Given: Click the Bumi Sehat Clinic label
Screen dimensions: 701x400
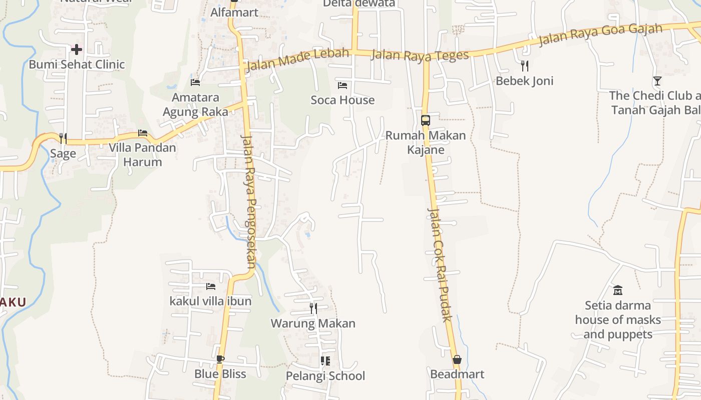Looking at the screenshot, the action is click(77, 64).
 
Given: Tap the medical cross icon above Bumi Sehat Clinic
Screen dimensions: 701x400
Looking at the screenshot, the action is click(76, 49).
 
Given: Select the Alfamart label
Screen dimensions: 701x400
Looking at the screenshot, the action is click(234, 12).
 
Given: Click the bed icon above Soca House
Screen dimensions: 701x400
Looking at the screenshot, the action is click(342, 85).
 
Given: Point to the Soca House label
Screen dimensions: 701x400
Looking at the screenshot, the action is click(342, 100).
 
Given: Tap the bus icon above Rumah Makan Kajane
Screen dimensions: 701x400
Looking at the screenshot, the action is click(426, 120).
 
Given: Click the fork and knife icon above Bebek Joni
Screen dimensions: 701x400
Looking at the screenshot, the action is click(524, 65).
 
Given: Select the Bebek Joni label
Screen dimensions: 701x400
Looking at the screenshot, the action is click(524, 80).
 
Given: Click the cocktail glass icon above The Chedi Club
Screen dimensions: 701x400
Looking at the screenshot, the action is click(657, 80).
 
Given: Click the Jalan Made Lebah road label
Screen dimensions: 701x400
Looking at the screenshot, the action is click(297, 59).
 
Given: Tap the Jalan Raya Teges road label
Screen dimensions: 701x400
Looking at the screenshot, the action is click(420, 55).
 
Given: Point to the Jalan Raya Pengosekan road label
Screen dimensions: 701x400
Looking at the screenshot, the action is click(249, 200).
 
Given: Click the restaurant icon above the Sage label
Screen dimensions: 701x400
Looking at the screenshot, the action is click(63, 138).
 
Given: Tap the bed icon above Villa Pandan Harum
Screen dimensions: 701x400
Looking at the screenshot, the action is click(143, 133).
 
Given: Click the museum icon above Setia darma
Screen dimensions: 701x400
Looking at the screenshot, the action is click(618, 290).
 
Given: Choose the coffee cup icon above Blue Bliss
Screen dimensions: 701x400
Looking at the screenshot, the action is click(220, 358).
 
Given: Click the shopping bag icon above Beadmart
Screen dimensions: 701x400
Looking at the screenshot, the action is click(457, 359).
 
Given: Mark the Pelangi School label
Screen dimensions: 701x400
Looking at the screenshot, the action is click(325, 375).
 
